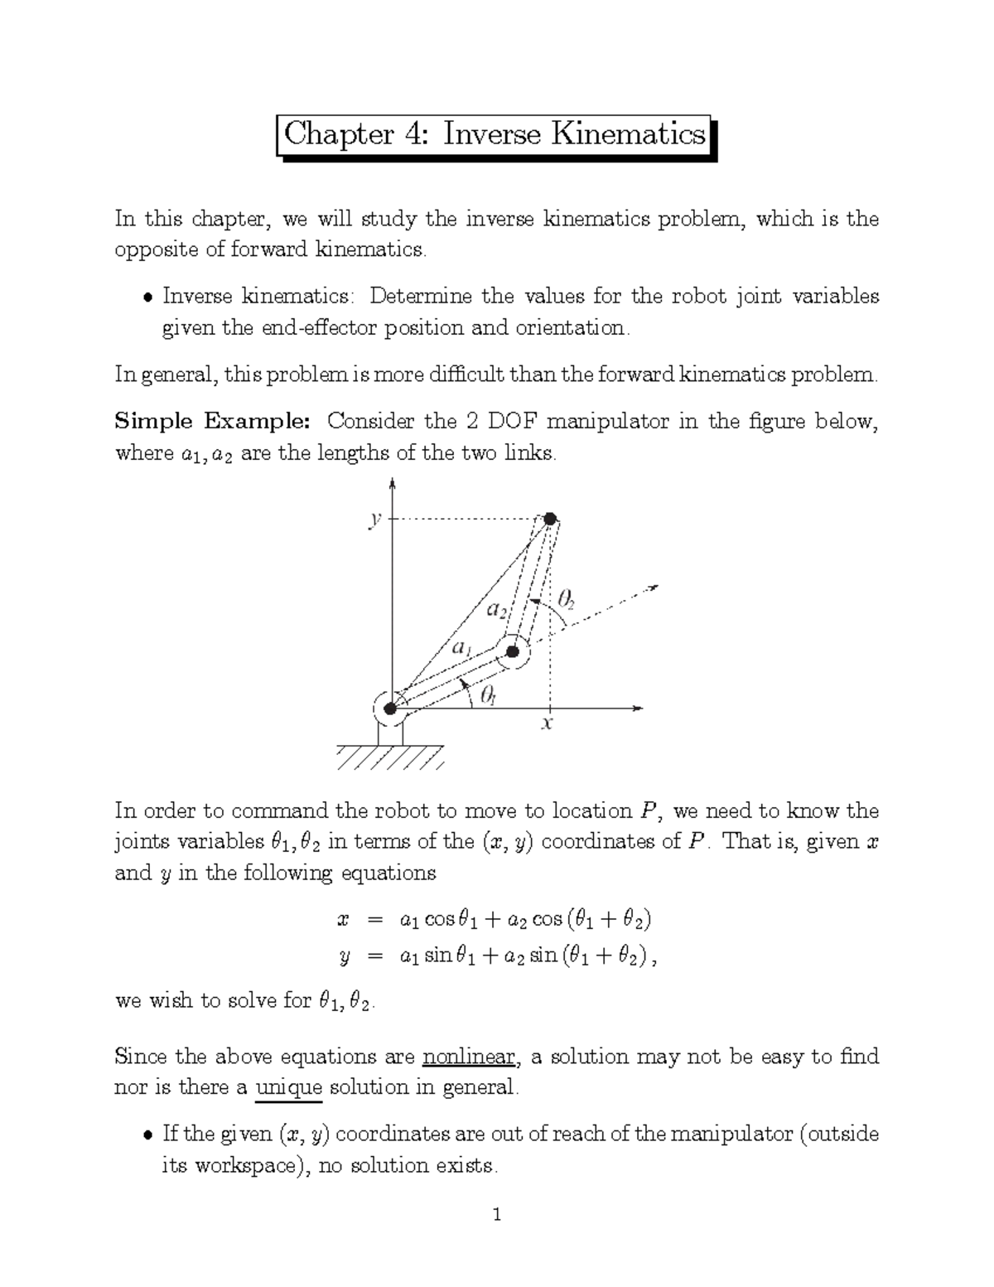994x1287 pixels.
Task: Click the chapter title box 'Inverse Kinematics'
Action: pyautogui.click(x=495, y=134)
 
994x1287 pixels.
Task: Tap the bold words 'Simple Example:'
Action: pyautogui.click(x=212, y=422)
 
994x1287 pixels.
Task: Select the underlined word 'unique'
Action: pyautogui.click(x=288, y=1087)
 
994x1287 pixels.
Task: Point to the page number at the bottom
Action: pyautogui.click(x=496, y=1217)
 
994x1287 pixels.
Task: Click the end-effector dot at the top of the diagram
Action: pyautogui.click(x=550, y=519)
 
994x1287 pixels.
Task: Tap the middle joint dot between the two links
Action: pyautogui.click(x=513, y=651)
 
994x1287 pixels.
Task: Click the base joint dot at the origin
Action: pyautogui.click(x=390, y=709)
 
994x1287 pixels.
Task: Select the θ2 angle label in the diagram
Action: pyautogui.click(x=567, y=598)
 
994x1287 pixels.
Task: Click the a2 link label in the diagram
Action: pyautogui.click(x=496, y=611)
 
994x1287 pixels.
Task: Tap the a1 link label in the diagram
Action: pyautogui.click(x=461, y=648)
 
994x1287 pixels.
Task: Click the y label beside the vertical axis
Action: pyautogui.click(x=376, y=519)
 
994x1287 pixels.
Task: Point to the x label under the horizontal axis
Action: pyautogui.click(x=547, y=725)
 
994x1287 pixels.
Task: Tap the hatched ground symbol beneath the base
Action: pyautogui.click(x=390, y=757)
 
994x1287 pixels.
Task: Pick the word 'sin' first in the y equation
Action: pyautogui.click(x=439, y=956)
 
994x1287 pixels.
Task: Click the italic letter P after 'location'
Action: pyautogui.click(x=649, y=811)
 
